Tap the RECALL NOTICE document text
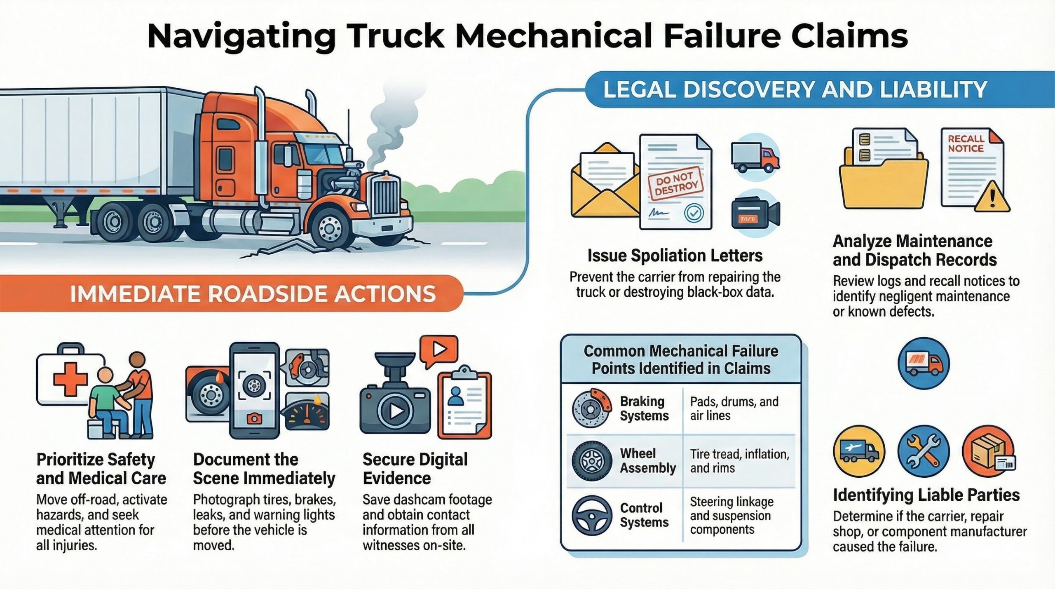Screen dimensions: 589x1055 click(966, 144)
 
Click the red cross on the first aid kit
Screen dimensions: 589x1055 click(70, 379)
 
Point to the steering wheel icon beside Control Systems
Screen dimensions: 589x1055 click(591, 515)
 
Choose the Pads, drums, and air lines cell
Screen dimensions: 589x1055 click(734, 408)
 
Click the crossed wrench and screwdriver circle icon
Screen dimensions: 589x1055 click(924, 451)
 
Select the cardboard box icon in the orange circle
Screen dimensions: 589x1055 click(987, 451)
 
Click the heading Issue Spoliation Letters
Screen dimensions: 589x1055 click(675, 256)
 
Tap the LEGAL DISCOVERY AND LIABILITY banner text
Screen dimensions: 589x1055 click(795, 89)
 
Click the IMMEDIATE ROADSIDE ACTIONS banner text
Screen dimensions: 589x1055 click(253, 294)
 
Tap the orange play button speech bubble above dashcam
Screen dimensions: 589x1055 click(438, 350)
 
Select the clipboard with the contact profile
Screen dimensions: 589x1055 click(464, 404)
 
